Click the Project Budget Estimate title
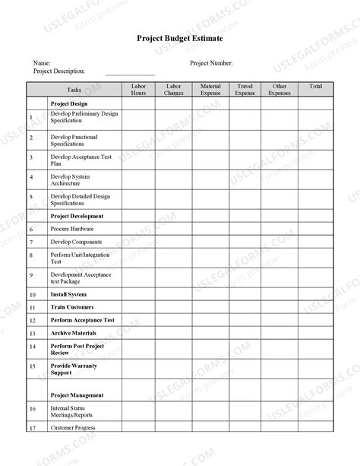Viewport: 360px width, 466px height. coord(180,38)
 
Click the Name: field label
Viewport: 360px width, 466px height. coord(42,63)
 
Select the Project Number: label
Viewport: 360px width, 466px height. coord(211,63)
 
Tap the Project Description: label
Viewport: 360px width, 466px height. coord(59,71)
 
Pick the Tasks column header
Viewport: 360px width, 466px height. coord(74,90)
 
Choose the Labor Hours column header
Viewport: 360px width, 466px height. coord(138,90)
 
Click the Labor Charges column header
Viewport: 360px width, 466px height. coord(174,90)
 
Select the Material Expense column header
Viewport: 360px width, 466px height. coord(210,90)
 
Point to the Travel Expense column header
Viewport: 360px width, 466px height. coord(245,90)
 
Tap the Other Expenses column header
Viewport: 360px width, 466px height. coord(279,90)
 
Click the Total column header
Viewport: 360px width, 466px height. coord(315,87)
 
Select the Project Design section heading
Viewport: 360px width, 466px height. coord(69,103)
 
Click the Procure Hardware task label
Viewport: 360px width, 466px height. coord(72,229)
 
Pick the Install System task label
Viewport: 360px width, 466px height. coord(68,294)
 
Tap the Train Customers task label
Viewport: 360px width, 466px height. coord(72,307)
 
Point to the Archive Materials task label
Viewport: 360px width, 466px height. coord(73,333)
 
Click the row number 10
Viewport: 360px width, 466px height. coord(33,295)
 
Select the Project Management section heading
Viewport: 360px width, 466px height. coord(77,395)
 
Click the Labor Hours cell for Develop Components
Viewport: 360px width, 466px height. coord(138,242)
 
